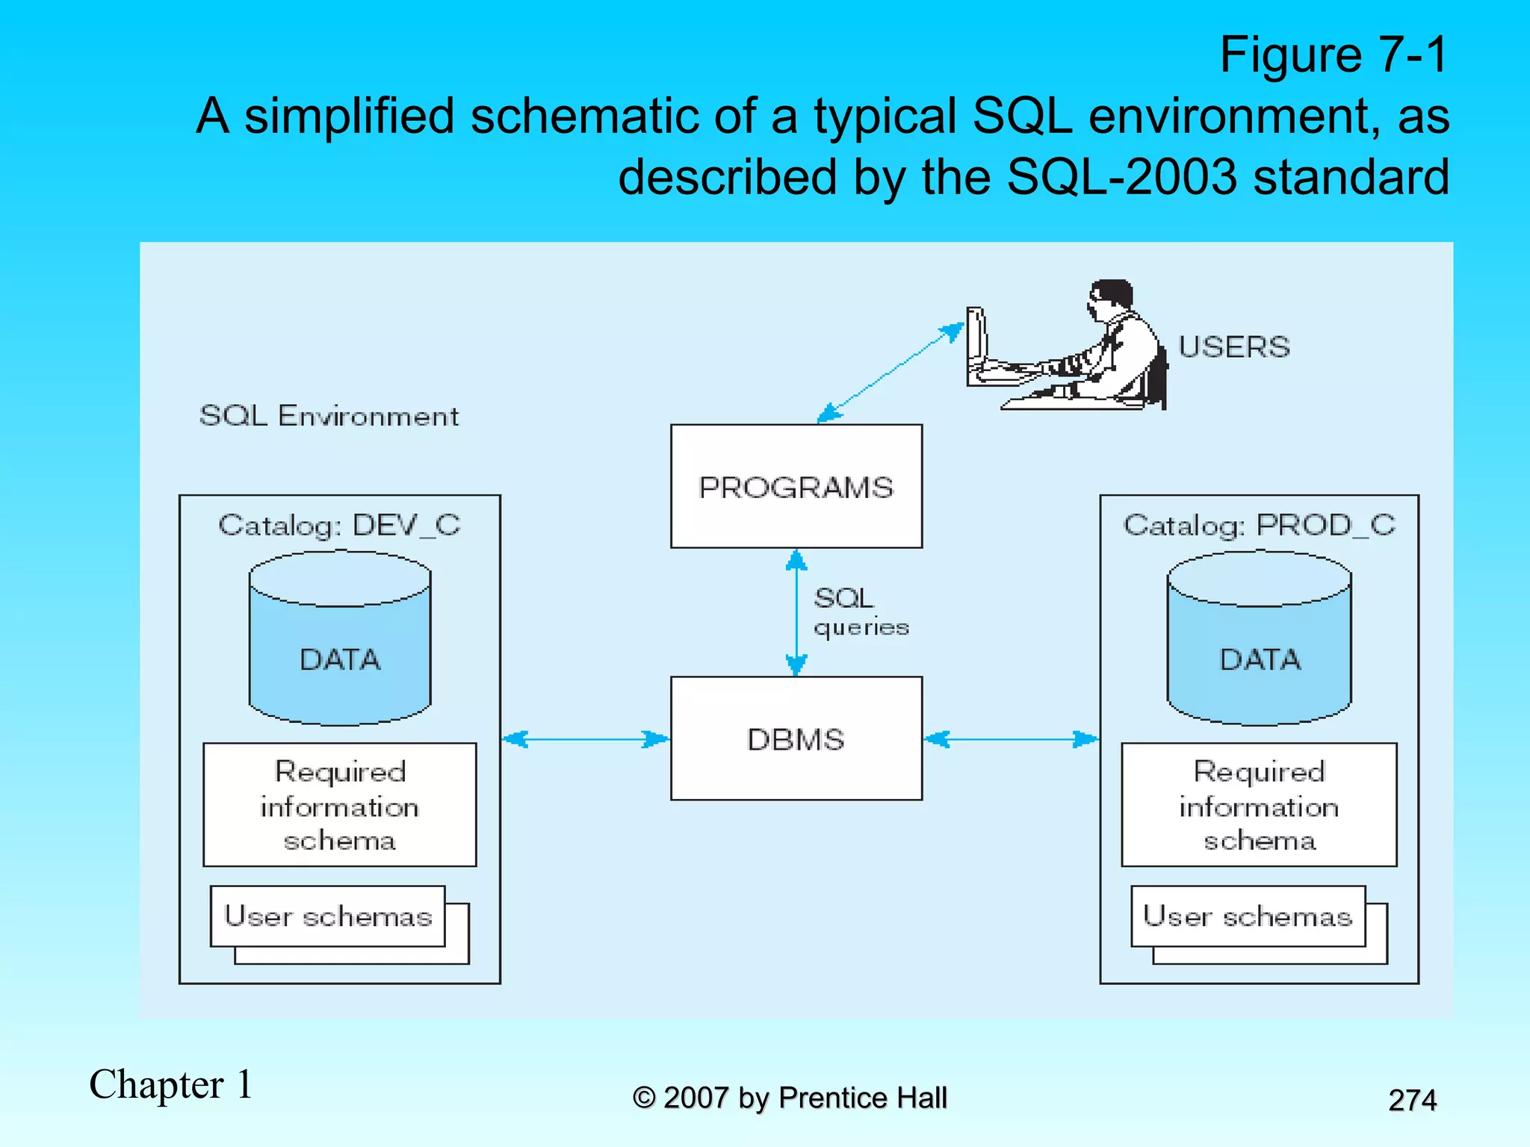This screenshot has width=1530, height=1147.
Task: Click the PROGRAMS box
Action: coord(796,487)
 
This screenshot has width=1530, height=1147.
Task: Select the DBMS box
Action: coord(796,739)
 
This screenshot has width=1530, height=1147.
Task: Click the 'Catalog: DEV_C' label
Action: coord(339,525)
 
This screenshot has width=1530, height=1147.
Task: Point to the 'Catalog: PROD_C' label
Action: coord(1260,525)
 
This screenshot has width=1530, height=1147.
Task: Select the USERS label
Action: coord(1234,347)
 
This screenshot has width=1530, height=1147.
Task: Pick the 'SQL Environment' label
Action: coord(329,416)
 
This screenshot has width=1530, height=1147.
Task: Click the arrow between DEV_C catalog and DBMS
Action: coord(585,739)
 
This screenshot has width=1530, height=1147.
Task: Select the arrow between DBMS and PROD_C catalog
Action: coord(1011,739)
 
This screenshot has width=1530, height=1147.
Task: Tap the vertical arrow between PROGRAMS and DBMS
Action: coord(796,612)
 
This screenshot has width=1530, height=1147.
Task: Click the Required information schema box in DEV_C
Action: coord(340,805)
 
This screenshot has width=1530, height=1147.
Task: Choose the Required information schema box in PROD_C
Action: coord(1259,805)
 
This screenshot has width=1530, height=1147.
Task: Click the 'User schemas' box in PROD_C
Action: coord(1248,916)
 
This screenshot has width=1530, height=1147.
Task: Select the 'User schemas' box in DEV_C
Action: coord(328,916)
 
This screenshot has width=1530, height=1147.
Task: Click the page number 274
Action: coord(1412,1100)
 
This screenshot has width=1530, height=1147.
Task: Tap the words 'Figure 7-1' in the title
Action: coord(1334,55)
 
